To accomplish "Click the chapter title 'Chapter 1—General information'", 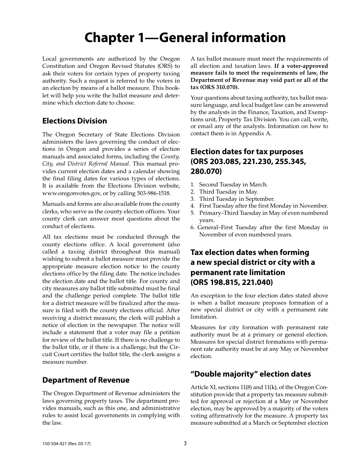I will pyautogui.click(x=185, y=38).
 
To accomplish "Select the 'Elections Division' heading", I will pyautogui.click(x=75, y=121).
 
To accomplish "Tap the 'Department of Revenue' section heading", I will pyautogui.click(x=86, y=380).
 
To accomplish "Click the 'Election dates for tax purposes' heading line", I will pyautogui.click(x=247, y=152).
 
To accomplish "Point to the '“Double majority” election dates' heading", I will pyautogui.click(x=250, y=374).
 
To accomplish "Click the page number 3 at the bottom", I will pyautogui.click(x=185, y=443).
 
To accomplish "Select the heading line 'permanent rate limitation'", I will pyautogui.click(x=238, y=272).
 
